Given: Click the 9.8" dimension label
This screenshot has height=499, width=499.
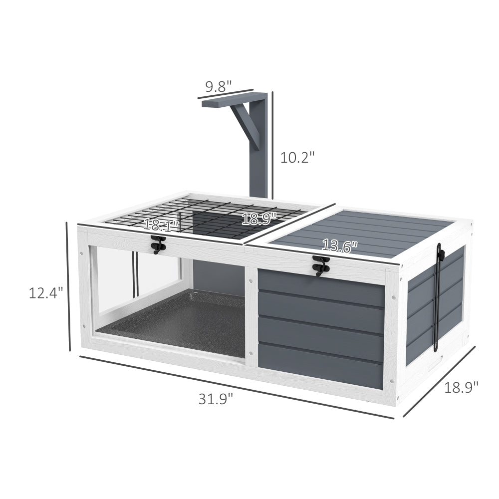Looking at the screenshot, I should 219,86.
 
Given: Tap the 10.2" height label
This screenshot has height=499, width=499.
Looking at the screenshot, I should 297,158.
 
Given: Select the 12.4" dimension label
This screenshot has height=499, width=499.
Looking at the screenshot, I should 46,292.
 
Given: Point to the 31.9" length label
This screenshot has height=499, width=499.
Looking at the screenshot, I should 216,399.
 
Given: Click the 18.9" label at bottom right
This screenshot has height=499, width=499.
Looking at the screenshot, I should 461,387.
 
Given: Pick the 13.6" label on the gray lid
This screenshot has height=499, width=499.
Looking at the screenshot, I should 340,246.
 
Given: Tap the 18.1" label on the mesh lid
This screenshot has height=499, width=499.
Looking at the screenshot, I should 161,225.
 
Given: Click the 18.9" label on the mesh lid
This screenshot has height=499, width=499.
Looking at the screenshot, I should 259,218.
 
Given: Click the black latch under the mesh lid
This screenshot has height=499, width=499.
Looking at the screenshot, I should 158,244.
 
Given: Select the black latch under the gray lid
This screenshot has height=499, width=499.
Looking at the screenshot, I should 318,265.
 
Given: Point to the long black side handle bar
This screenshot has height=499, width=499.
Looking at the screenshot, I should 440,299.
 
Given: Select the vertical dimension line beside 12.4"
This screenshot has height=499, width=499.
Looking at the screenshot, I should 68,287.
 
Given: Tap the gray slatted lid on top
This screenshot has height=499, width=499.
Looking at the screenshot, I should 364,230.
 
